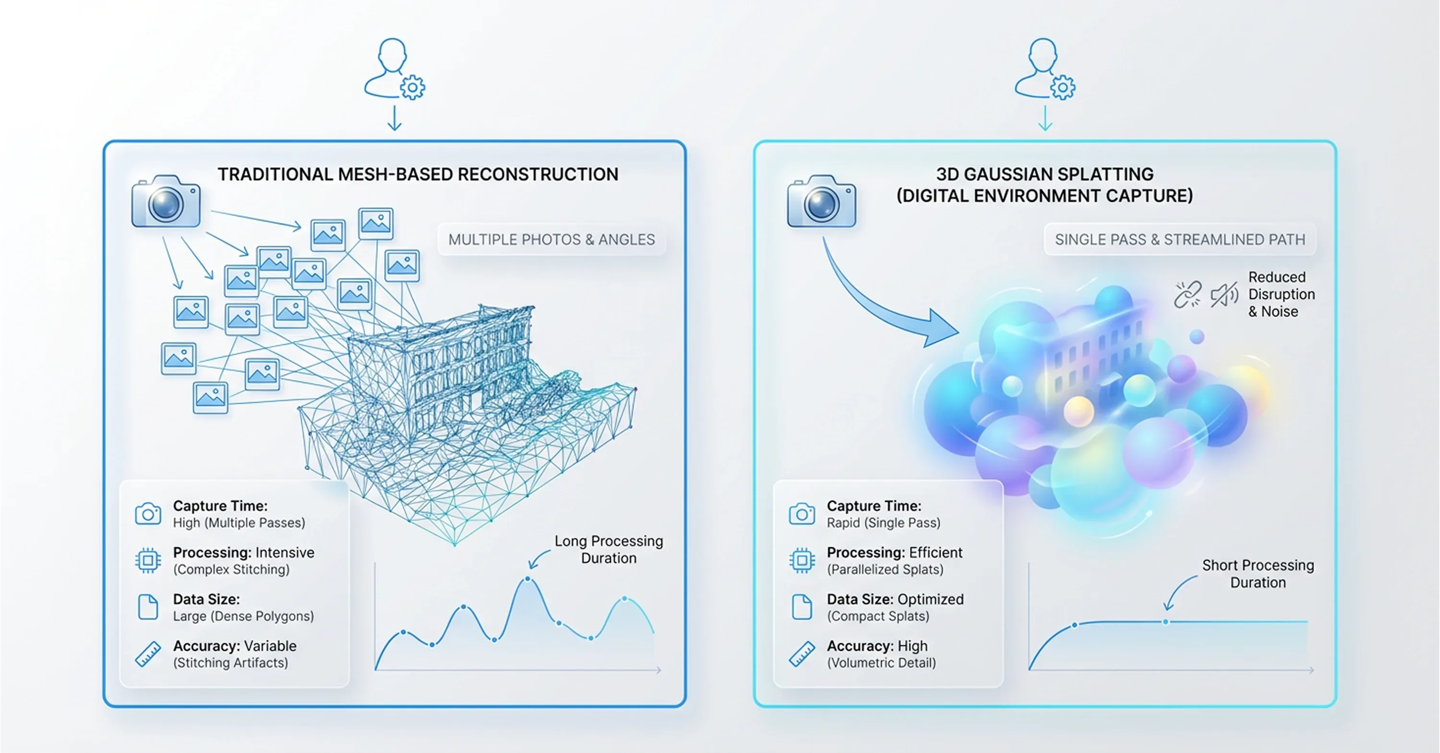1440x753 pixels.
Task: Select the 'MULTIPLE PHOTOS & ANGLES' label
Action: tap(551, 240)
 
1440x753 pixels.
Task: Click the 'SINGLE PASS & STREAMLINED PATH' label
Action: tap(1179, 240)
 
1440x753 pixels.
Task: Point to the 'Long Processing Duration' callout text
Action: tap(608, 550)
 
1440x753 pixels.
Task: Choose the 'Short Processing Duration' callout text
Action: tap(1258, 574)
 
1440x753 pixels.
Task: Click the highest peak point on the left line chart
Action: tap(528, 580)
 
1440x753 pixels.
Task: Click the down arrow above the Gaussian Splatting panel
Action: tap(1045, 118)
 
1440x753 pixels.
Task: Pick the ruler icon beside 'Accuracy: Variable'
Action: tap(148, 654)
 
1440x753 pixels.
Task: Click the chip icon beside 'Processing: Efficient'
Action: tap(802, 560)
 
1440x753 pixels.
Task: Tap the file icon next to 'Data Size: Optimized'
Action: tap(802, 607)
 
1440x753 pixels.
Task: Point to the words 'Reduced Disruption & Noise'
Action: tap(1281, 294)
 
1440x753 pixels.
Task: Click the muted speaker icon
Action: tap(1224, 294)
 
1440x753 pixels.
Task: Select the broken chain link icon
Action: tap(1188, 294)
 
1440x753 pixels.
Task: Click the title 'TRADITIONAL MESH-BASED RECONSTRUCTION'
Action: tap(418, 174)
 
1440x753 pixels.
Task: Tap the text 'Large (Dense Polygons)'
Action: tap(243, 616)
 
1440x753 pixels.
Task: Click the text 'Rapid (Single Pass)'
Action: tap(883, 523)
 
